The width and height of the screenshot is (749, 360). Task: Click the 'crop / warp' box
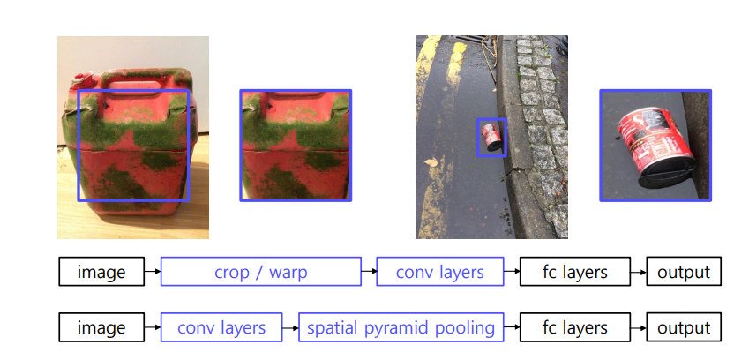point(260,272)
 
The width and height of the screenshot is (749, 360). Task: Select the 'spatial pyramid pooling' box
point(401,327)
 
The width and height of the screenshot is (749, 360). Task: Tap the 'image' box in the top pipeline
point(101,272)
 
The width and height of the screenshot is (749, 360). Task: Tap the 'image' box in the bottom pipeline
point(101,327)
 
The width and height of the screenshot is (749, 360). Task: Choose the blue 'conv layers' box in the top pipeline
point(439,272)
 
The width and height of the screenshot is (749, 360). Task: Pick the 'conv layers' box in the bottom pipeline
point(221,327)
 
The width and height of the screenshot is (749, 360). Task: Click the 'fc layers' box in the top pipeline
point(575,272)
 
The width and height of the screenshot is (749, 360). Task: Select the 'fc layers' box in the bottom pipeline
point(575,327)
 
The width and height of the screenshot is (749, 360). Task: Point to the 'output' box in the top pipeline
point(684,272)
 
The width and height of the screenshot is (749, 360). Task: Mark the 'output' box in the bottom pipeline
point(684,327)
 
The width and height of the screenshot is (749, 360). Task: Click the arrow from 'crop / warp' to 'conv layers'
point(369,272)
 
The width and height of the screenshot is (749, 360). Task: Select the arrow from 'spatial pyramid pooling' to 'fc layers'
point(512,327)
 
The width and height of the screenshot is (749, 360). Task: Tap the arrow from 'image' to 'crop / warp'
point(153,272)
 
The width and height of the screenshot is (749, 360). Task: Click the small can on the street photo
point(491,137)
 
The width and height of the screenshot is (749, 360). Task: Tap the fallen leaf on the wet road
point(432,163)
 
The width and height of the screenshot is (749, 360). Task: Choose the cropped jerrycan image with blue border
point(296,145)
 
